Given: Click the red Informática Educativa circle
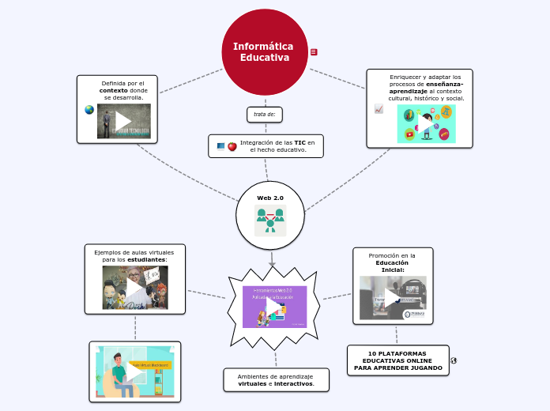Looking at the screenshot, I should [x=265, y=52].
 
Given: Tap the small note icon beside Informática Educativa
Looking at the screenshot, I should [x=314, y=52].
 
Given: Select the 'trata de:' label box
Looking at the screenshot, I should [x=265, y=114].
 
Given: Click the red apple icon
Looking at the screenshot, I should [x=232, y=146].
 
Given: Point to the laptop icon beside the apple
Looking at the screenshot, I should [x=220, y=146].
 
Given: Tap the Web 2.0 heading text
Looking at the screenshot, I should [x=270, y=197].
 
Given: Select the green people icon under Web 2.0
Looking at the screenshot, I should [x=270, y=221].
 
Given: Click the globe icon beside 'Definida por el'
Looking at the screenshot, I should [x=89, y=110].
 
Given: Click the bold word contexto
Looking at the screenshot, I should [x=113, y=90].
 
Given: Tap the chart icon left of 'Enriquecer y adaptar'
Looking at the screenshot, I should [x=379, y=109].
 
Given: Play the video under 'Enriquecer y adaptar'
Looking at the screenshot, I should [x=426, y=124].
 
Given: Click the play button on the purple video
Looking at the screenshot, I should [x=273, y=306].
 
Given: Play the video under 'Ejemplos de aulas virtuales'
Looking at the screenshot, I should [x=135, y=287].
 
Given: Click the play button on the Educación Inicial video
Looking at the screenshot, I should [x=393, y=298].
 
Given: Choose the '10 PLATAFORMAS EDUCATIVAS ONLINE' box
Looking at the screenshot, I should [x=398, y=360].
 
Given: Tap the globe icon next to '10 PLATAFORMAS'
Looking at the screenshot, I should [x=454, y=360].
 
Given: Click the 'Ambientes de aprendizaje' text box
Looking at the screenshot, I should [x=276, y=380].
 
